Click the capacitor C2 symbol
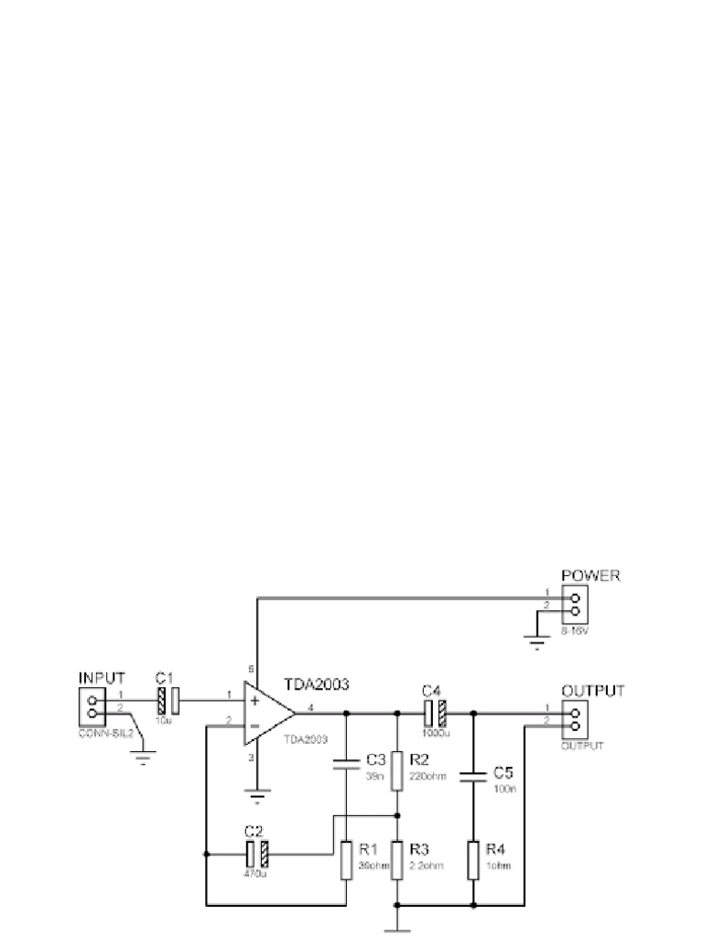click(256, 855)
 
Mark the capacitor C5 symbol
click(473, 778)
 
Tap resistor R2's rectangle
click(396, 770)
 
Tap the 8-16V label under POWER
click(576, 630)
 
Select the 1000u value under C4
click(434, 733)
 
